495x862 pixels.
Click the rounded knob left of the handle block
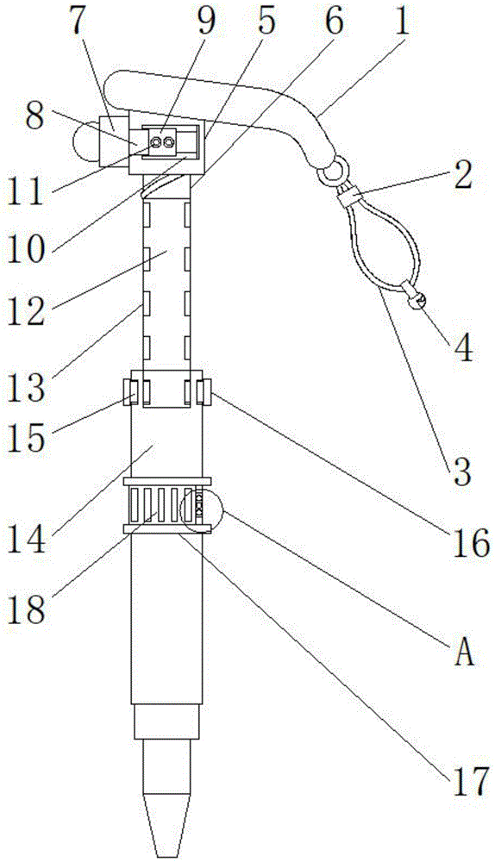[85, 143]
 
